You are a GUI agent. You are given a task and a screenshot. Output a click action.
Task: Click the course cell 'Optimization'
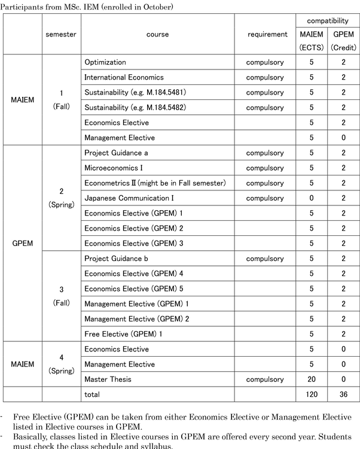105,62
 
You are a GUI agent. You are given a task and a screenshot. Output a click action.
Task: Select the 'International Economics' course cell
124,77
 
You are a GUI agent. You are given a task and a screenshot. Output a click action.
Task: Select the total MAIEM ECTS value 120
311,395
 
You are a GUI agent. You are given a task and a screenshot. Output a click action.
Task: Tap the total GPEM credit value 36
343,395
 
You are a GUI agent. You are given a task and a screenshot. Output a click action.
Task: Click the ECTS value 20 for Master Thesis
311,380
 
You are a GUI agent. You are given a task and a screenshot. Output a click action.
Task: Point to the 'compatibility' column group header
327,21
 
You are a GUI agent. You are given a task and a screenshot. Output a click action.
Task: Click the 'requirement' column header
267,35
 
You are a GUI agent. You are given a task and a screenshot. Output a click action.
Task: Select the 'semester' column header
60,35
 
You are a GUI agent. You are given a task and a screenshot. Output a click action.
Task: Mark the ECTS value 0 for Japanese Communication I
311,198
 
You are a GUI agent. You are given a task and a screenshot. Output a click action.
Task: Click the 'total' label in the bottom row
93,395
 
